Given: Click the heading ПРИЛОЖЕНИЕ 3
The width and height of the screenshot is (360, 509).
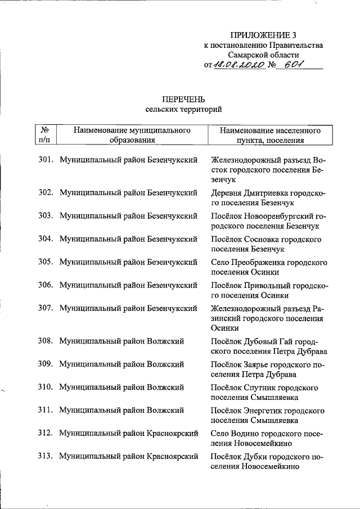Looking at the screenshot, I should (264, 35).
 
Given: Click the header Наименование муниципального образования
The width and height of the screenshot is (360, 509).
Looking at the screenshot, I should (132, 136).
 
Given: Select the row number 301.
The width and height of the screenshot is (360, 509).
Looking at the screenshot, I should (46, 160).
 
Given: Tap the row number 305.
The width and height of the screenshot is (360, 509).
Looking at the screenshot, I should (46, 262).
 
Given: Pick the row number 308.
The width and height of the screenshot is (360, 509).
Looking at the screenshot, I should (46, 341).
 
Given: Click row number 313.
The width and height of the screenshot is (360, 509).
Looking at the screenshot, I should (46, 456).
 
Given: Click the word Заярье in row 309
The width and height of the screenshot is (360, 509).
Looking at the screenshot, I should (256, 364).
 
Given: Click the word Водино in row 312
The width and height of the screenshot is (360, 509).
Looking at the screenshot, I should (245, 434).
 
